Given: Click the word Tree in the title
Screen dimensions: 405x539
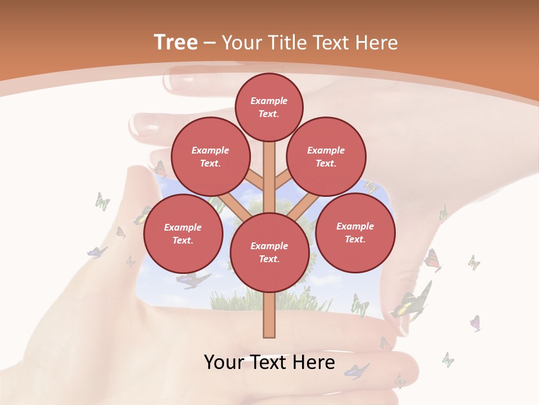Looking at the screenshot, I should (x=176, y=43).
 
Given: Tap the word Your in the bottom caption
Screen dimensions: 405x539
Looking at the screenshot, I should (x=225, y=362).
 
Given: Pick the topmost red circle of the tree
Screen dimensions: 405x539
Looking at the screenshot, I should (x=269, y=107).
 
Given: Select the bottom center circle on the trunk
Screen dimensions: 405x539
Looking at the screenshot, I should (x=269, y=253).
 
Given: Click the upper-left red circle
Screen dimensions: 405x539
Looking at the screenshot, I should (x=210, y=156).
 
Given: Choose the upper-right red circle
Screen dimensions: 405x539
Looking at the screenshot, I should (x=326, y=156).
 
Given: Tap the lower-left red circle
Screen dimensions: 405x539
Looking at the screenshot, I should (x=183, y=233).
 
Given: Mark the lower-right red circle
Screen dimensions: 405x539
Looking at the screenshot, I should (x=355, y=232).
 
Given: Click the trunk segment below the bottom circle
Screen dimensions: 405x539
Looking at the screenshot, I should (x=269, y=315).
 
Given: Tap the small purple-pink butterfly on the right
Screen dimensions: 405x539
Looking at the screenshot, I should (x=476, y=323).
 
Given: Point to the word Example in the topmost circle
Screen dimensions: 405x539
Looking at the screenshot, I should (x=269, y=101).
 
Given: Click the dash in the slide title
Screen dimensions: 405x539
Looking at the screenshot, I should (x=210, y=43).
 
